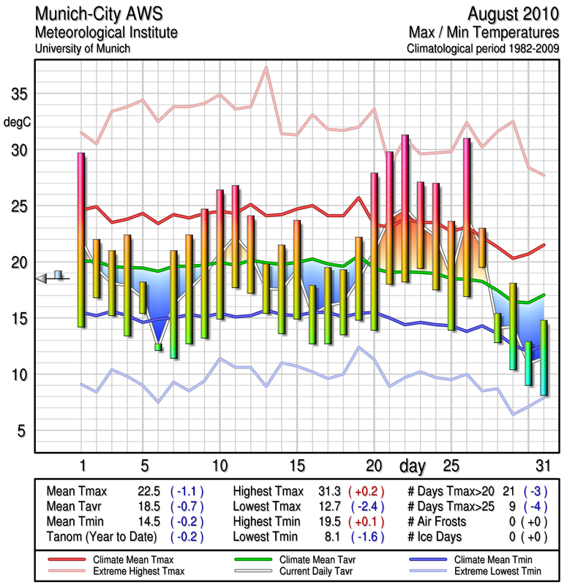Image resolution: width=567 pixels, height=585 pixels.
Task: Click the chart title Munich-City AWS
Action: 105,14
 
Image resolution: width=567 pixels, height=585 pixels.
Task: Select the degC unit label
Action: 17,121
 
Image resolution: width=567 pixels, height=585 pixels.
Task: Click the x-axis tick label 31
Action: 542,466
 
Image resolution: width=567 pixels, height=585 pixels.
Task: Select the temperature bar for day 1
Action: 81,239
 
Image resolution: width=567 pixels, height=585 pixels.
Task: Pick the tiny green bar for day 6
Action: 158,347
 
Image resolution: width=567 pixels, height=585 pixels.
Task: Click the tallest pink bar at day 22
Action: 405,208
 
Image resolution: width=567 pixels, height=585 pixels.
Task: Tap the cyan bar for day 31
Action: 544,357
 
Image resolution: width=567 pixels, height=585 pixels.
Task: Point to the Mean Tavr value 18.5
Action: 149,507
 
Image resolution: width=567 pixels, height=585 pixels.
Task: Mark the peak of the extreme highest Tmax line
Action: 266,67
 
